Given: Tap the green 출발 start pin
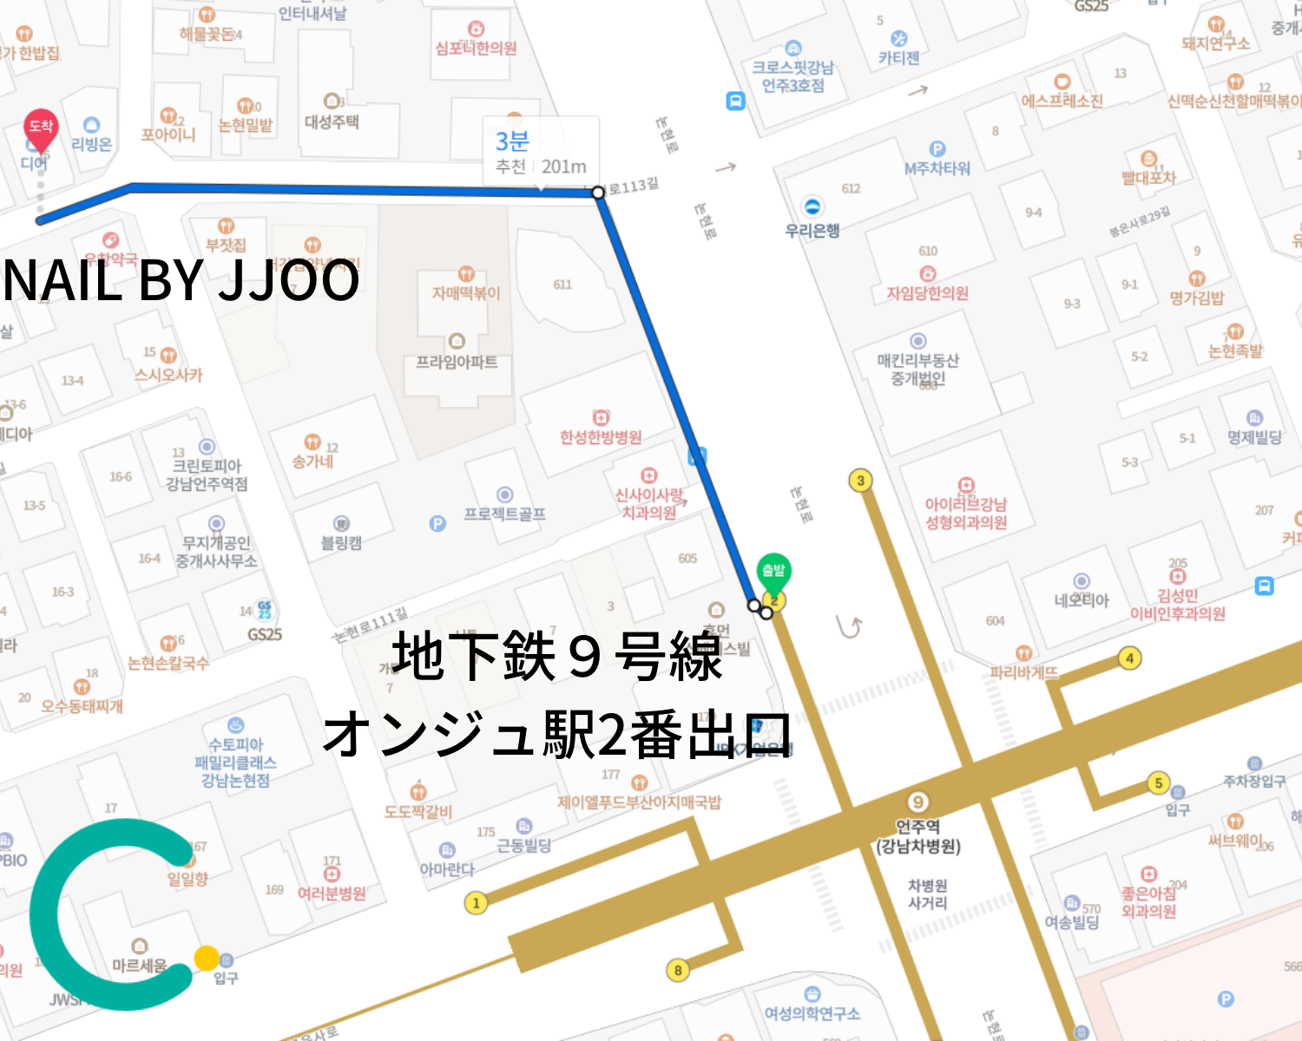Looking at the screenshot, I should pyautogui.click(x=773, y=572).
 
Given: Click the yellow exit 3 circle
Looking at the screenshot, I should pyautogui.click(x=860, y=481).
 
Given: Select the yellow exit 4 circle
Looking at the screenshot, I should pyautogui.click(x=1129, y=658).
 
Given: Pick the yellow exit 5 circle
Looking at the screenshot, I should pyautogui.click(x=1158, y=783).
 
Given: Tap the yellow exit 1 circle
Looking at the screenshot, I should pyautogui.click(x=476, y=903).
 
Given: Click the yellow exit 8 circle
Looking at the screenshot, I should pyautogui.click(x=678, y=971).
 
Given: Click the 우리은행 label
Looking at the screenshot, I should pyautogui.click(x=812, y=231).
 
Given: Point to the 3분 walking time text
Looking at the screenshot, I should pyautogui.click(x=512, y=141).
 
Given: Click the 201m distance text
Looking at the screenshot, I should pyautogui.click(x=563, y=167).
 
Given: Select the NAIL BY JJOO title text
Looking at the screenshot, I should pyautogui.click(x=181, y=280).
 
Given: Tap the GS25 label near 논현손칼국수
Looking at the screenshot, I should pyautogui.click(x=265, y=634).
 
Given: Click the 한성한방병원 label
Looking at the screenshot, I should pyautogui.click(x=601, y=437).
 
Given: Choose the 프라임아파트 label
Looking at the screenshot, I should pyautogui.click(x=457, y=362).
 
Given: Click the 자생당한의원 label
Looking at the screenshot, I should pyautogui.click(x=927, y=293).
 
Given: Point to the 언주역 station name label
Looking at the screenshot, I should pyautogui.click(x=917, y=827).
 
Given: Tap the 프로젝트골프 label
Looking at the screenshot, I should pyautogui.click(x=504, y=514).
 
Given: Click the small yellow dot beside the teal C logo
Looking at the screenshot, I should pyautogui.click(x=207, y=959).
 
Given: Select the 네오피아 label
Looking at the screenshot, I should pyautogui.click(x=1082, y=600).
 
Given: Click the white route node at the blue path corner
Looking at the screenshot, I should pyautogui.click(x=598, y=192).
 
